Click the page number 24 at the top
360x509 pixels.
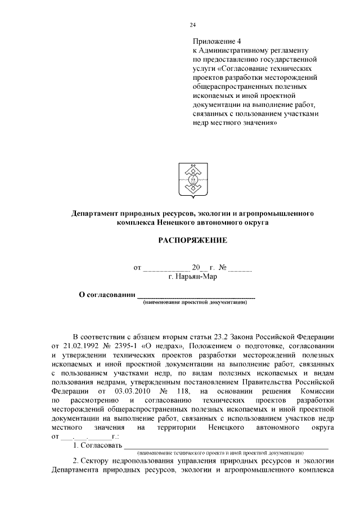[192, 25]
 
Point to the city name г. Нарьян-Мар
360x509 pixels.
[192, 276]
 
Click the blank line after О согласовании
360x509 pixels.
[196, 295]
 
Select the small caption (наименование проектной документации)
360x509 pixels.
[195, 302]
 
